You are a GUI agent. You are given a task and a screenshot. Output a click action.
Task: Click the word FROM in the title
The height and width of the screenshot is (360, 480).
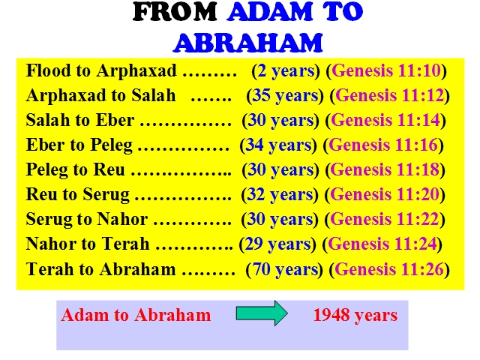[x=175, y=12]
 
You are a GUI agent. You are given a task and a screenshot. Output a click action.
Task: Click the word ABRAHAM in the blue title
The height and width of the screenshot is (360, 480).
[x=248, y=42]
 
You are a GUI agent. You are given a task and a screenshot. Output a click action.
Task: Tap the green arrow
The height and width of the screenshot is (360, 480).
[x=262, y=313]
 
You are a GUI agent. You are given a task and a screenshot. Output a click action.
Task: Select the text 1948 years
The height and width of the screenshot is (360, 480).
[x=355, y=315]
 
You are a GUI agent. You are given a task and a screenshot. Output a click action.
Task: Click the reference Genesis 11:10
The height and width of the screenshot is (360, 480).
[x=386, y=70]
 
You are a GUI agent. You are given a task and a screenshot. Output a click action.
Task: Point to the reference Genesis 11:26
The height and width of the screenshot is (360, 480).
[x=389, y=269]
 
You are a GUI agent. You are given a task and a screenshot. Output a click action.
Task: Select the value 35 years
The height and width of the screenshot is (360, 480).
[x=286, y=95]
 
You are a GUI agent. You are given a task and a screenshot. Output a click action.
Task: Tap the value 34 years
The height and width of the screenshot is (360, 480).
[x=278, y=145]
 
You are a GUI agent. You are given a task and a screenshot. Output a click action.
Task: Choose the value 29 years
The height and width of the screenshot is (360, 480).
[x=278, y=244]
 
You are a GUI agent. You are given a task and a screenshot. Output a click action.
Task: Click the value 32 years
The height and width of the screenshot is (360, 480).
[x=280, y=195]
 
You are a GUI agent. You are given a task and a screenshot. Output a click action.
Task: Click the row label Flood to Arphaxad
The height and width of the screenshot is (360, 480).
[x=101, y=71]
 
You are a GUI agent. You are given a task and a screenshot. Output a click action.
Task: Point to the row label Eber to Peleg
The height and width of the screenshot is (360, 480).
[x=79, y=145]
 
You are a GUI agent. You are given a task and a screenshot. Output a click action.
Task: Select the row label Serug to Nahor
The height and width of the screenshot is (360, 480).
[x=87, y=220]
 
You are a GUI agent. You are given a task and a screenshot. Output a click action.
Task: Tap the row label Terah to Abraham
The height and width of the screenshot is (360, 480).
[x=101, y=269]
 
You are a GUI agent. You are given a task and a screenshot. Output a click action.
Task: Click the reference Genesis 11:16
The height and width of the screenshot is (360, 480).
[x=383, y=145]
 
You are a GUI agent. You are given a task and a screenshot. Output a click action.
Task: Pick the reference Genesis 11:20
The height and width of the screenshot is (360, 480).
[x=385, y=195]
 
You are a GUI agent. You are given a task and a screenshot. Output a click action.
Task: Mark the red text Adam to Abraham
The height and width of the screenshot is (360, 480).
[x=136, y=315]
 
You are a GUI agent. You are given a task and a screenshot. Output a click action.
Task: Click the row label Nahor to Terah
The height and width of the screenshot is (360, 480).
[x=88, y=244]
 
